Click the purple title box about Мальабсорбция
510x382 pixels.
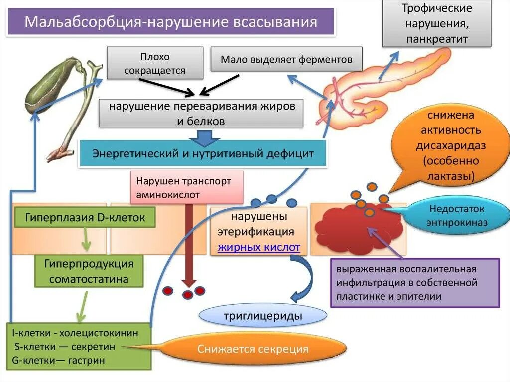click(171, 22)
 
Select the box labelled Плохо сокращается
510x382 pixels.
click(155, 63)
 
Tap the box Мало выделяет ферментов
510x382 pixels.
click(286, 60)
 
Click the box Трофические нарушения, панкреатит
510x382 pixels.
click(437, 24)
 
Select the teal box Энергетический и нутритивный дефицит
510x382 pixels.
click(203, 153)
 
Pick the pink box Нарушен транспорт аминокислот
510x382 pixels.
click(187, 187)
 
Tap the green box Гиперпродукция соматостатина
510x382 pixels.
click(88, 271)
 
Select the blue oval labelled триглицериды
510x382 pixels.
click(263, 316)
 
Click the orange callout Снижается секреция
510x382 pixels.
click(253, 349)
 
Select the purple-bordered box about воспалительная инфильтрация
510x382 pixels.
click(414, 283)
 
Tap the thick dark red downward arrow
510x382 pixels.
click(189, 244)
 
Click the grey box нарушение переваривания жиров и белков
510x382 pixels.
click(201, 114)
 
